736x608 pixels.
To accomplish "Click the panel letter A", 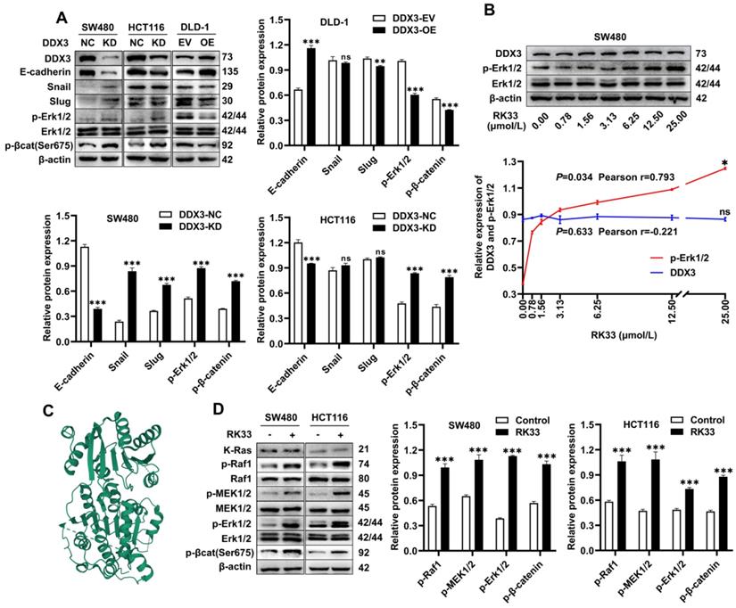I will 61,16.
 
